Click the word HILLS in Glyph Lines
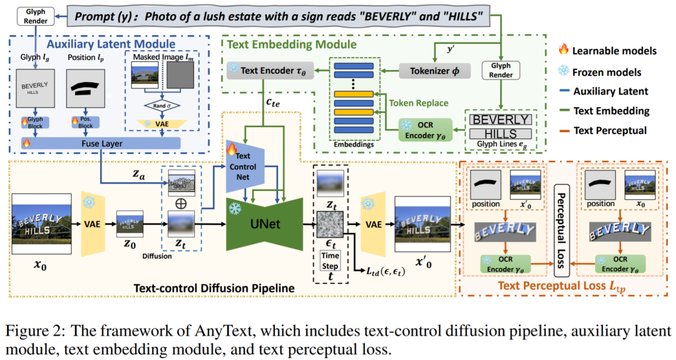pyautogui.click(x=500, y=133)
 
